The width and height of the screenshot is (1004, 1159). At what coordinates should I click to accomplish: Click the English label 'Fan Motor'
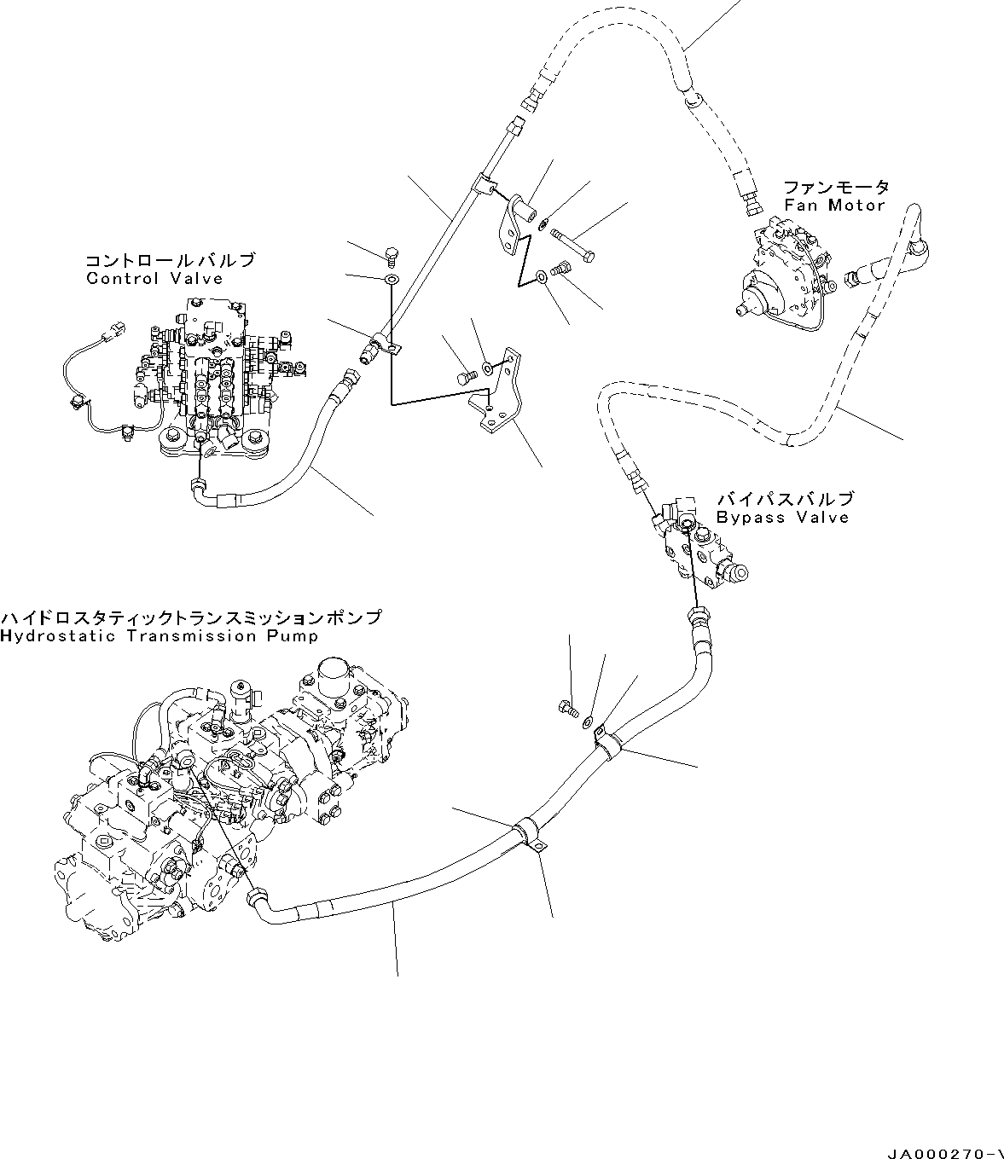tap(833, 206)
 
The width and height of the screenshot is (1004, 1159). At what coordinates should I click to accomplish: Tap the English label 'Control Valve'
tap(154, 279)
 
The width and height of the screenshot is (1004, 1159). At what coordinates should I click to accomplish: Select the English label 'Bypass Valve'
tap(782, 518)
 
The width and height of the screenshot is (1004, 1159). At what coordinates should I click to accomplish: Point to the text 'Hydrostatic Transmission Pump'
tap(160, 636)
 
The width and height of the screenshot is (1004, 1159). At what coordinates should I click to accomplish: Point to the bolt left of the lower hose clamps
tap(568, 707)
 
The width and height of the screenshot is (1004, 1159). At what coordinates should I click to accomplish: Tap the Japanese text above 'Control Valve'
tap(169, 261)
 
